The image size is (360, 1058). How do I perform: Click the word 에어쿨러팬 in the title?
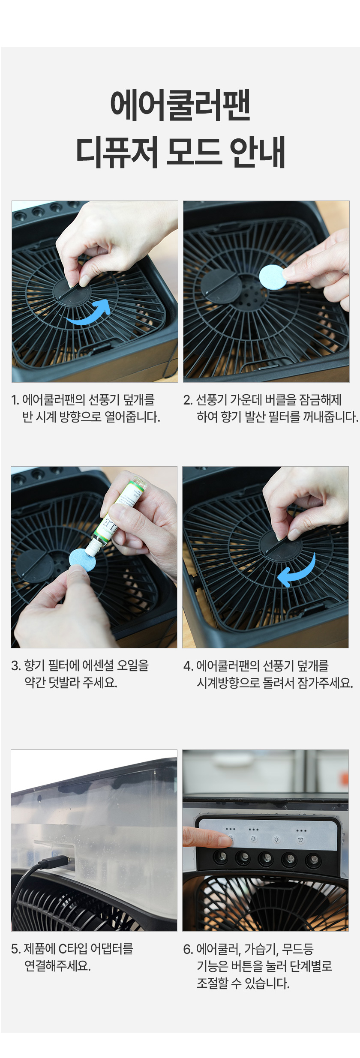coord(180,105)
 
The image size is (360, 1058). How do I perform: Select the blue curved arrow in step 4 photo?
coord(297,570)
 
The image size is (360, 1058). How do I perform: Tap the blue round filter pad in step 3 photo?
coord(82,560)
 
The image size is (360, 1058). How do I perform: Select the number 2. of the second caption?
coord(187,400)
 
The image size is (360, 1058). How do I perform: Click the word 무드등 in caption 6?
coord(298,949)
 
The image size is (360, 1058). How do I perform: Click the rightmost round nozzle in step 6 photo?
coord(313,860)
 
